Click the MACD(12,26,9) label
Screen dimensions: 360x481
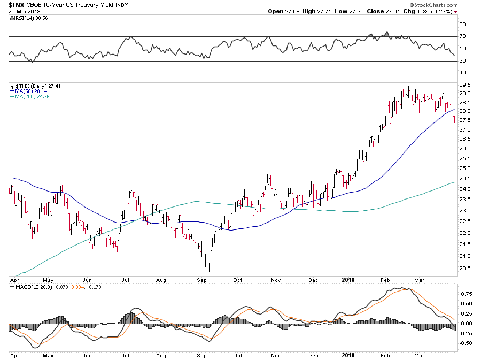coord(32,288)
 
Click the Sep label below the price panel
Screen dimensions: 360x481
coord(202,280)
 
